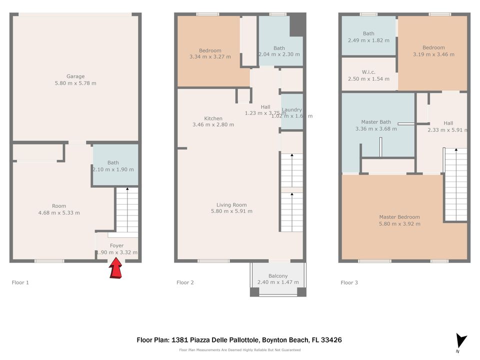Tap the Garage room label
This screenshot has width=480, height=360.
(75, 76)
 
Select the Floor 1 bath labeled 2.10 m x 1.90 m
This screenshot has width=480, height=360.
(113, 166)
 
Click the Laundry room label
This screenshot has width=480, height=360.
(291, 110)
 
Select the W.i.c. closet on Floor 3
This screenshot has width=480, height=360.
(368, 75)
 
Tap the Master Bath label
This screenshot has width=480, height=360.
(376, 122)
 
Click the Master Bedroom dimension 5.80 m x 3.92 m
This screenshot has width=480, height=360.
(399, 224)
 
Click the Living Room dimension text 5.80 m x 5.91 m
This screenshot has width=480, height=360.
(231, 211)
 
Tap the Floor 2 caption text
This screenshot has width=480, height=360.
(185, 282)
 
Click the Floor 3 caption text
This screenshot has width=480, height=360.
(349, 282)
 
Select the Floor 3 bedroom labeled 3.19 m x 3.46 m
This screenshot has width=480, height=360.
(433, 51)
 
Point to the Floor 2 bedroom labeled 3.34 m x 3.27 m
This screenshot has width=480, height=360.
(210, 53)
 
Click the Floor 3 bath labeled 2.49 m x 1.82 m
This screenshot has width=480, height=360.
(368, 37)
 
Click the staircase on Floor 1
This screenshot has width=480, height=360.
(127, 210)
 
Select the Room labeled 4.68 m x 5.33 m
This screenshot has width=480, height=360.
(59, 209)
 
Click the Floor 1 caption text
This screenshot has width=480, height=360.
(20, 282)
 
